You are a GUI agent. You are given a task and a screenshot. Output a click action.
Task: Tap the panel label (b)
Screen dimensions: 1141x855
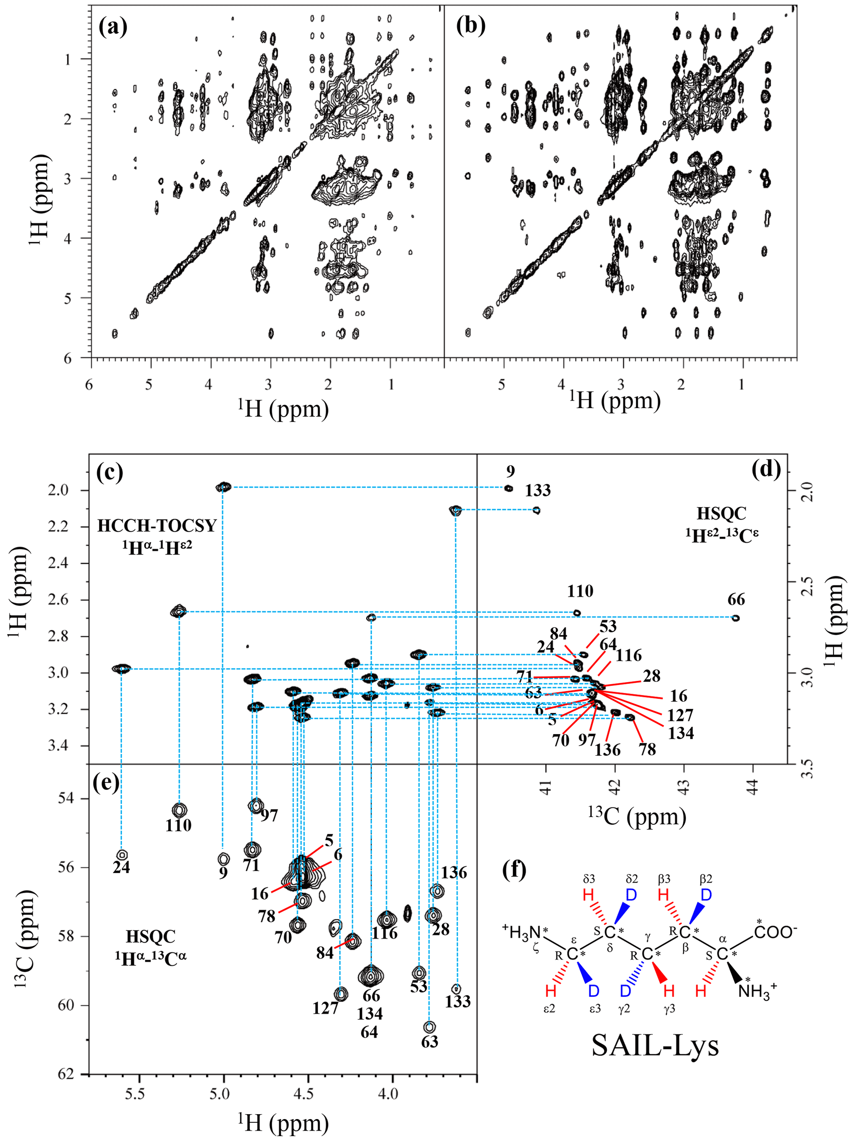point(471,26)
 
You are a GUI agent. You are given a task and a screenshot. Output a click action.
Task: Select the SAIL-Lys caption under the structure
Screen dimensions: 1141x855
point(655,1046)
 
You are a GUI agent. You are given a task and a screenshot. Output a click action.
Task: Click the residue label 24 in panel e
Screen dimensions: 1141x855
point(121,867)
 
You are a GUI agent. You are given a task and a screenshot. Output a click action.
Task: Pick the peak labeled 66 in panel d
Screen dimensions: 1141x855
point(736,618)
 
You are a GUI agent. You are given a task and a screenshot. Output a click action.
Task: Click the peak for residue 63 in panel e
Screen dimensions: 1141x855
point(429,1027)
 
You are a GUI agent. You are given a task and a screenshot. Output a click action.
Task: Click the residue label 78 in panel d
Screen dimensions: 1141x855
point(648,749)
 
